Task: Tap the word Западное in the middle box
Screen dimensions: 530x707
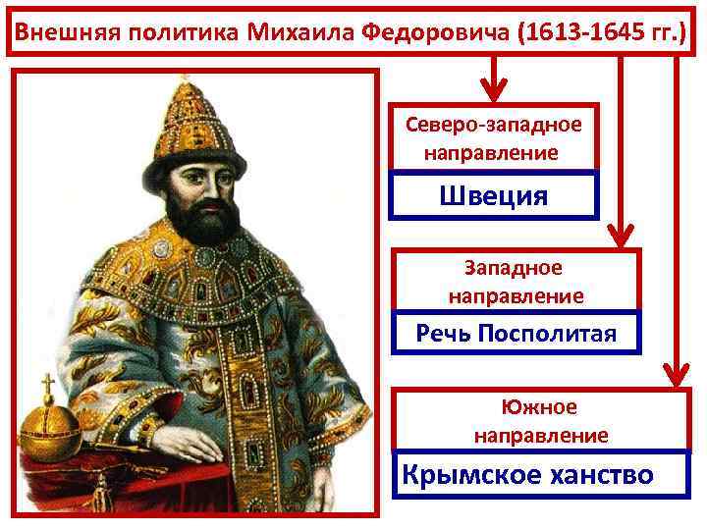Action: click(x=516, y=268)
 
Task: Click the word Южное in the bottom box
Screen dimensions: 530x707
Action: click(x=541, y=406)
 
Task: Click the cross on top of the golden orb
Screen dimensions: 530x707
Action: click(x=46, y=384)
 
